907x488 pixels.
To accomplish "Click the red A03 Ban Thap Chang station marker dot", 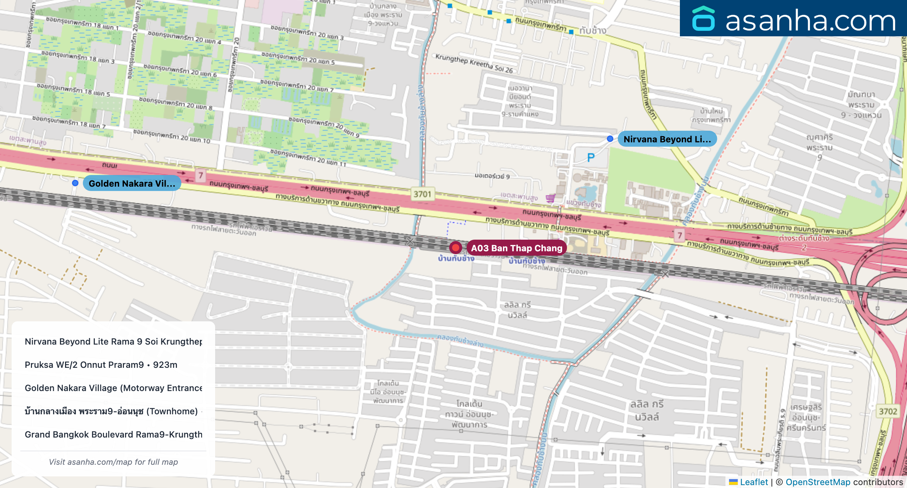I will [455, 248].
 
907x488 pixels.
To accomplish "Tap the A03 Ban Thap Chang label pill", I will [516, 248].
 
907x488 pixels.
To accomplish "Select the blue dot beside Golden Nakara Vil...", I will [75, 183].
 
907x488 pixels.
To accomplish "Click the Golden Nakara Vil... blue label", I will [132, 183].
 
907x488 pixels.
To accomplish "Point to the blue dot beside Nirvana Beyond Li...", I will [610, 139].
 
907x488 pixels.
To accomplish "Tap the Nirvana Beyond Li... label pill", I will [667, 139].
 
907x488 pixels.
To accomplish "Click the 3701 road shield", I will [422, 194].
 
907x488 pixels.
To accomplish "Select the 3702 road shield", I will [888, 411].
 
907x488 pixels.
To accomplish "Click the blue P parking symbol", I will [591, 158].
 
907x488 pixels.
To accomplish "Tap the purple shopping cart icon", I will [550, 198].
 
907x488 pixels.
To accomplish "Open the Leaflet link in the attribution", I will [754, 482].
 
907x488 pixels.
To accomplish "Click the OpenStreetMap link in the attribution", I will [818, 482].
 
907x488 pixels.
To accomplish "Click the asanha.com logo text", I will [810, 20].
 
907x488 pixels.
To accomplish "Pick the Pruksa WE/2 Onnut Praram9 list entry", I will [101, 365].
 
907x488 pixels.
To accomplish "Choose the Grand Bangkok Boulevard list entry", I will [113, 434].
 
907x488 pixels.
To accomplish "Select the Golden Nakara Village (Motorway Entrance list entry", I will [113, 388].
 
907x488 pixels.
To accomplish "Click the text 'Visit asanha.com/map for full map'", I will [113, 462].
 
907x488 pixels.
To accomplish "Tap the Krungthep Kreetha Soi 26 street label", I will [474, 64].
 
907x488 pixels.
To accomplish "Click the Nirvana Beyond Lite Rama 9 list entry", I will [113, 341].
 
